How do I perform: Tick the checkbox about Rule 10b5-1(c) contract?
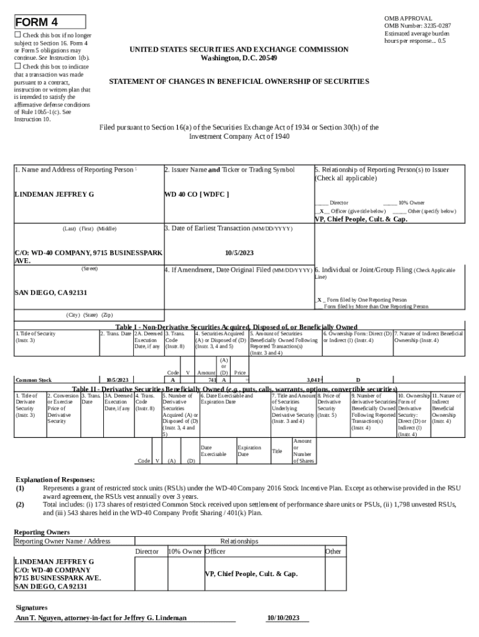(18, 67)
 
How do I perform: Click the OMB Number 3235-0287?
(417, 26)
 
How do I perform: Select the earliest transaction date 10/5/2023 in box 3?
(238, 253)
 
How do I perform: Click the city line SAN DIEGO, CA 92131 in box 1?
(50, 292)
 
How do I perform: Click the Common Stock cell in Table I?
(34, 379)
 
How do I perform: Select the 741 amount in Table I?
(212, 379)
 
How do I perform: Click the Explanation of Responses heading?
(55, 480)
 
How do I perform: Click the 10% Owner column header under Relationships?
(185, 552)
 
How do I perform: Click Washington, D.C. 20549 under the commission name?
(239, 58)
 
